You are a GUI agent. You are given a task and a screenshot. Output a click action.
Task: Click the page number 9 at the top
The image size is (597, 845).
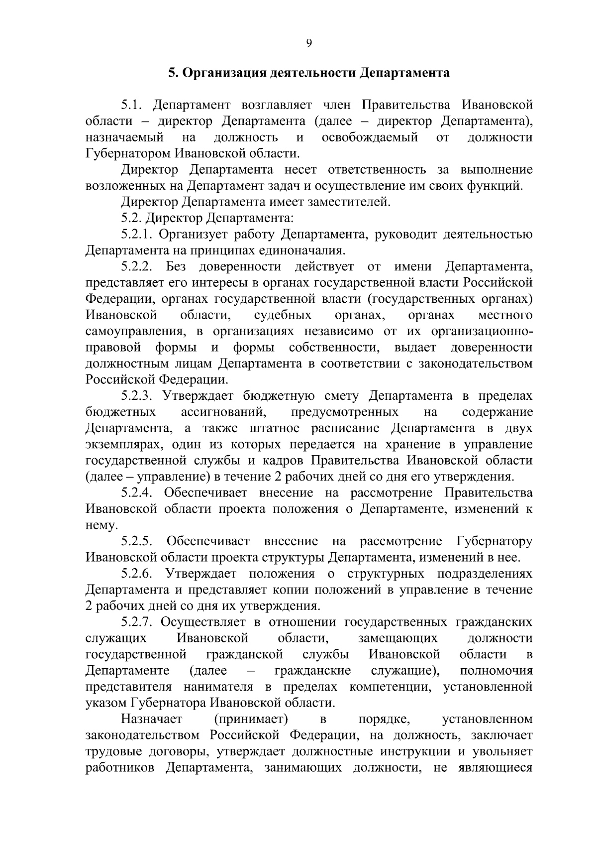tap(308, 44)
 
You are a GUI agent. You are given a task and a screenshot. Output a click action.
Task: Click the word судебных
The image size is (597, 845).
tap(283, 315)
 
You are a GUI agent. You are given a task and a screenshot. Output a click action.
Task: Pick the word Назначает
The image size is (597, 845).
tap(152, 719)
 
